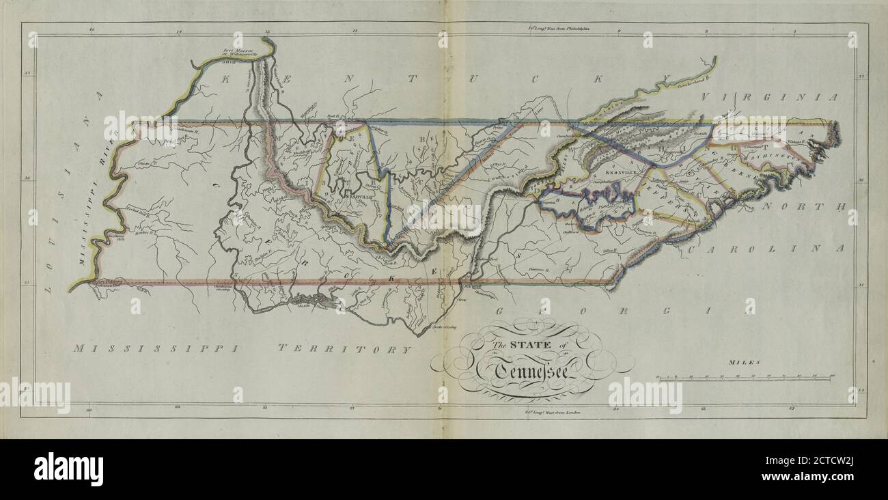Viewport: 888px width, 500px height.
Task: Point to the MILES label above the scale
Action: coord(744,363)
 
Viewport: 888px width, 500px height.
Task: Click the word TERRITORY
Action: coord(344,348)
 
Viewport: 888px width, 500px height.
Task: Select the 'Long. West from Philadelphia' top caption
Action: coord(559,29)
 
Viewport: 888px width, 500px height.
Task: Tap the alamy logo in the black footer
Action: coord(68,469)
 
